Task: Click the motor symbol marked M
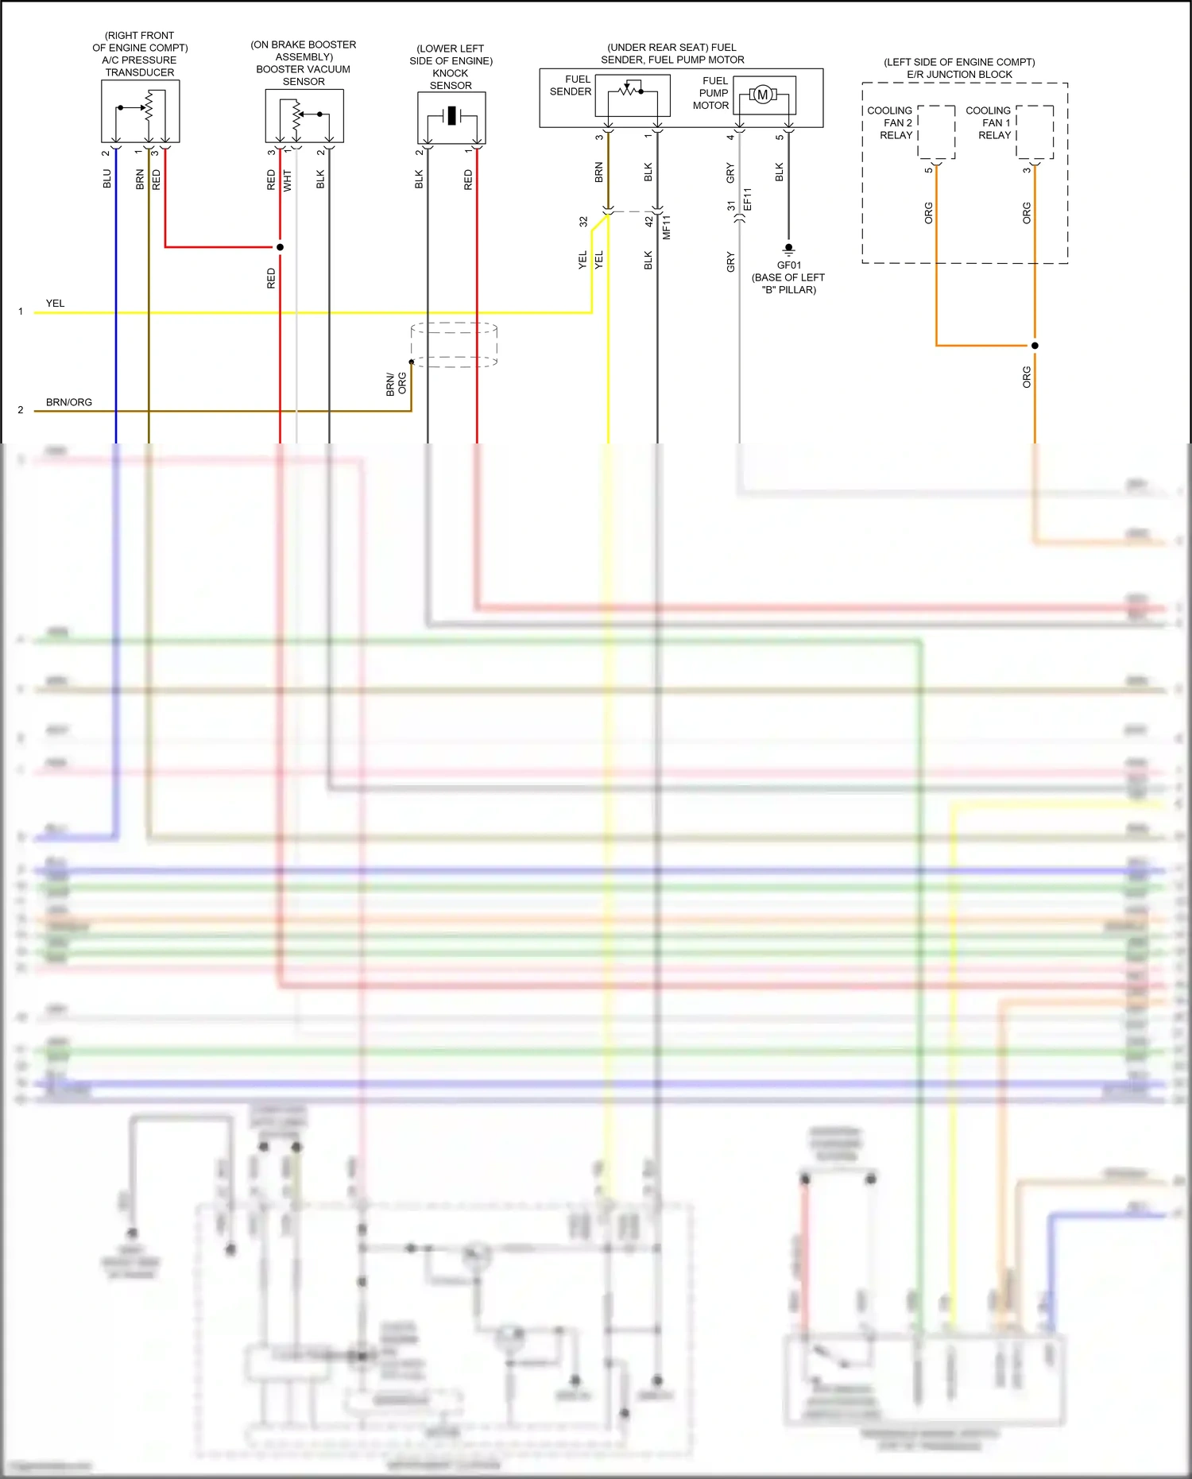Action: click(x=763, y=95)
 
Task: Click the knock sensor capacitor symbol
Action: click(x=451, y=116)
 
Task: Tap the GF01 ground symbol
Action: click(x=788, y=249)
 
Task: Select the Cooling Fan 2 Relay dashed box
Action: click(x=937, y=132)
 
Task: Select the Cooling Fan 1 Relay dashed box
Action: click(x=1035, y=132)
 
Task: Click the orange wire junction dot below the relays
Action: click(x=1035, y=346)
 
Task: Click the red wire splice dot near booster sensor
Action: click(x=280, y=247)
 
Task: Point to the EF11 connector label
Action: click(x=748, y=199)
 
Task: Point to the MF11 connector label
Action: click(x=667, y=227)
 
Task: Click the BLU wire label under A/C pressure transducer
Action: click(x=107, y=179)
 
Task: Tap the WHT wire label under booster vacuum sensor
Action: click(x=288, y=180)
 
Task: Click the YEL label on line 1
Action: click(x=55, y=304)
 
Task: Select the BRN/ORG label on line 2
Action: click(x=69, y=402)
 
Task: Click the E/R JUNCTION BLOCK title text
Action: click(x=959, y=75)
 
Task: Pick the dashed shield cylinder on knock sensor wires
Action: click(x=454, y=345)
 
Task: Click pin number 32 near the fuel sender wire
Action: click(x=583, y=222)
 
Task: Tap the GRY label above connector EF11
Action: click(x=730, y=172)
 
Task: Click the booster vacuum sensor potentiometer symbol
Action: click(x=298, y=114)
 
